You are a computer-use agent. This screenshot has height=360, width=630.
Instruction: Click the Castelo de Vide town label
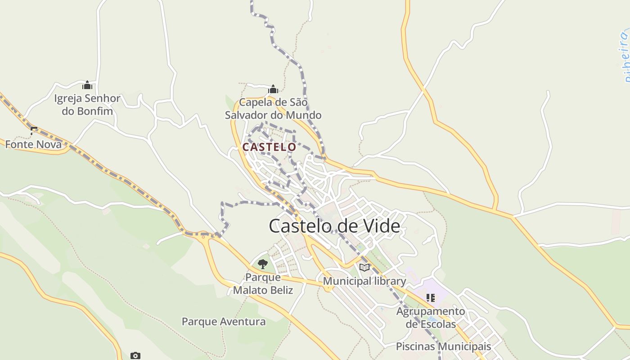334,226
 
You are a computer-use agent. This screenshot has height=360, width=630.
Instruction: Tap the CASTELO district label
269,147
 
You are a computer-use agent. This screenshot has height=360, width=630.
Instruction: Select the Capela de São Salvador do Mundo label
273,109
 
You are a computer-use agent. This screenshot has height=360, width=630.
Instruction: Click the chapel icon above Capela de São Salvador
273,89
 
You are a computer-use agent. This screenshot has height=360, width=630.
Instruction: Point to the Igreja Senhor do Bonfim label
87,104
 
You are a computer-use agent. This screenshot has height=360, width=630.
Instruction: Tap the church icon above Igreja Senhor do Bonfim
87,85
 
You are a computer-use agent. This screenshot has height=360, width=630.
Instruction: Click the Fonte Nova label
33,144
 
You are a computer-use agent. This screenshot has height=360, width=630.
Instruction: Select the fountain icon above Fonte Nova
34,131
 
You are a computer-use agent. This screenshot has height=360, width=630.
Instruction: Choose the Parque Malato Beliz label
263,283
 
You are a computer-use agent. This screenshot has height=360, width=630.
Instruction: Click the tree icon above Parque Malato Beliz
263,264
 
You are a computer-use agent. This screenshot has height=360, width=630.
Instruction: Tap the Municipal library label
364,281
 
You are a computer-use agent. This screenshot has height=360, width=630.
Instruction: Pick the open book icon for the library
364,267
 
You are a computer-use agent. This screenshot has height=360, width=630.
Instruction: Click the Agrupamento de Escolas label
431,317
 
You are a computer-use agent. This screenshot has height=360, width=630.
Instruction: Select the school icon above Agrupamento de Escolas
431,297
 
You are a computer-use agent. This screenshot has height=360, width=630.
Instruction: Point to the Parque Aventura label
224,322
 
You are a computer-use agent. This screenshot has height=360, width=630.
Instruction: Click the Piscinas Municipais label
443,346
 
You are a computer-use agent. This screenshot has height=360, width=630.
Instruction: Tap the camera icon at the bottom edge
135,356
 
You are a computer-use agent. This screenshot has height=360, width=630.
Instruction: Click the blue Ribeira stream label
624,56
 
